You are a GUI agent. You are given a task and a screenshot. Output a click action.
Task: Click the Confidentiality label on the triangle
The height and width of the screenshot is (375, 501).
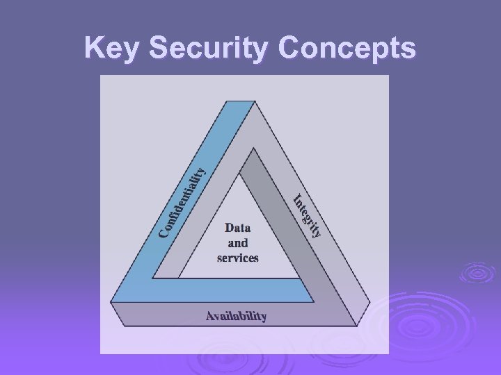pyautogui.click(x=182, y=201)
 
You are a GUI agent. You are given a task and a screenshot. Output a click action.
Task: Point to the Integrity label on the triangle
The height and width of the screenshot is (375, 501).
pyautogui.click(x=307, y=215)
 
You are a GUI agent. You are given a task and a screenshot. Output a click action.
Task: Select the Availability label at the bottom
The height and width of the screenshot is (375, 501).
pyautogui.click(x=236, y=317)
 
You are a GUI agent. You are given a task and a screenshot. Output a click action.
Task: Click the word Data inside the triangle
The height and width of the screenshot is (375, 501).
pyautogui.click(x=237, y=227)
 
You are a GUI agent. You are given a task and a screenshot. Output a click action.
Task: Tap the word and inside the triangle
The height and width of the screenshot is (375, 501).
pyautogui.click(x=237, y=242)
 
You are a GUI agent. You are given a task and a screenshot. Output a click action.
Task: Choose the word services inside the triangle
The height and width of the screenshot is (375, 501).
pyautogui.click(x=237, y=258)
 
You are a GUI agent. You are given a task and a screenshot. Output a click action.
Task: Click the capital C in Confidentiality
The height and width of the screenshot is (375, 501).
pyautogui.click(x=162, y=230)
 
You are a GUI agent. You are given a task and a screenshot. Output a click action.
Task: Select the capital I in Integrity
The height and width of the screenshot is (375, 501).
pyautogui.click(x=296, y=198)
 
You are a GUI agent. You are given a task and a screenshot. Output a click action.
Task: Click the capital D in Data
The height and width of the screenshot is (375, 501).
pyautogui.click(x=228, y=227)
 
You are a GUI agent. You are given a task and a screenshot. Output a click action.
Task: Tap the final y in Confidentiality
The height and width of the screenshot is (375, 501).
pyautogui.click(x=200, y=170)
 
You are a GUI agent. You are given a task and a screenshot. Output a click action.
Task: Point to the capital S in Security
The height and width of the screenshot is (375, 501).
pyautogui.click(x=159, y=48)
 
